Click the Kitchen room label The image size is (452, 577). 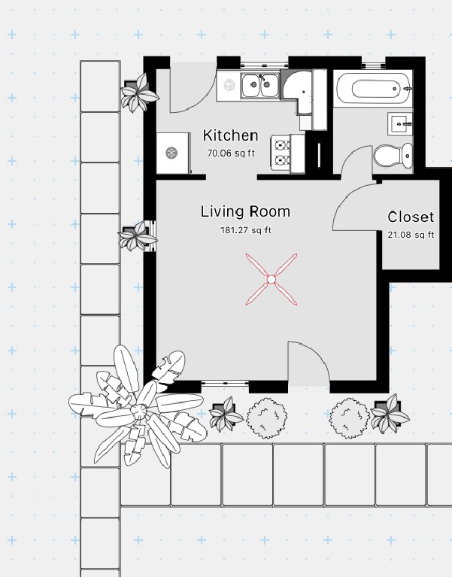tap(231, 135)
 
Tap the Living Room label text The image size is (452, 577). tap(245, 211)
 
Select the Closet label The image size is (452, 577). tap(411, 217)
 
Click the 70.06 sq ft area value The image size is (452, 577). tap(231, 153)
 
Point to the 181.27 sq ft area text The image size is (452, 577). tap(245, 230)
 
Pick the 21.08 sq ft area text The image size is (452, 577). tap(411, 235)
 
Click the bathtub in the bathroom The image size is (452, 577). tap(374, 88)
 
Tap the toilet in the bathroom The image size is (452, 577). tap(393, 156)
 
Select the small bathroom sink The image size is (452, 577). tap(400, 124)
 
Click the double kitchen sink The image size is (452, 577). tap(260, 85)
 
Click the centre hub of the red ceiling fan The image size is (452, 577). tap(272, 280)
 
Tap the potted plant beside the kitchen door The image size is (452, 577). tap(139, 93)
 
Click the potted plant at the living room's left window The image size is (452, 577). tap(138, 236)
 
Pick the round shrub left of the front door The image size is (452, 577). tap(267, 418)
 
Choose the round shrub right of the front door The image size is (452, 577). tap(350, 418)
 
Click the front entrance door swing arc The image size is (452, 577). tap(316, 354)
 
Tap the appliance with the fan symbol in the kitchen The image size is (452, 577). tap(172, 153)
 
